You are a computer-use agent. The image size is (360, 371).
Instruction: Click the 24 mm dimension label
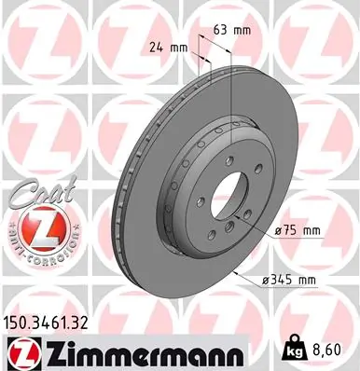click(x=169, y=46)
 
